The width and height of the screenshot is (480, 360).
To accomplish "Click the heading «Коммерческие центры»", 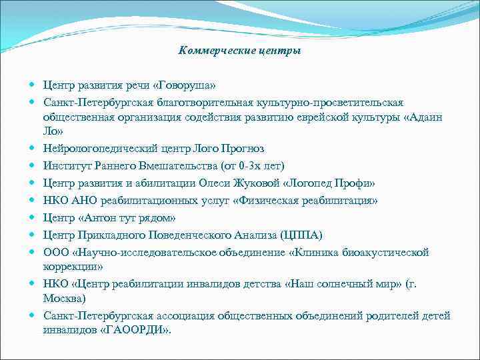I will pyautogui.click(x=240, y=51).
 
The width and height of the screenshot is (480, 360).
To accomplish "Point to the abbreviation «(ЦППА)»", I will pyautogui.click(x=301, y=235).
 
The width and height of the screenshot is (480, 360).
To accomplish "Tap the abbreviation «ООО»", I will pyautogui.click(x=57, y=252).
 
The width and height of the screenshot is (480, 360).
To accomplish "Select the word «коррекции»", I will pyautogui.click(x=71, y=266).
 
